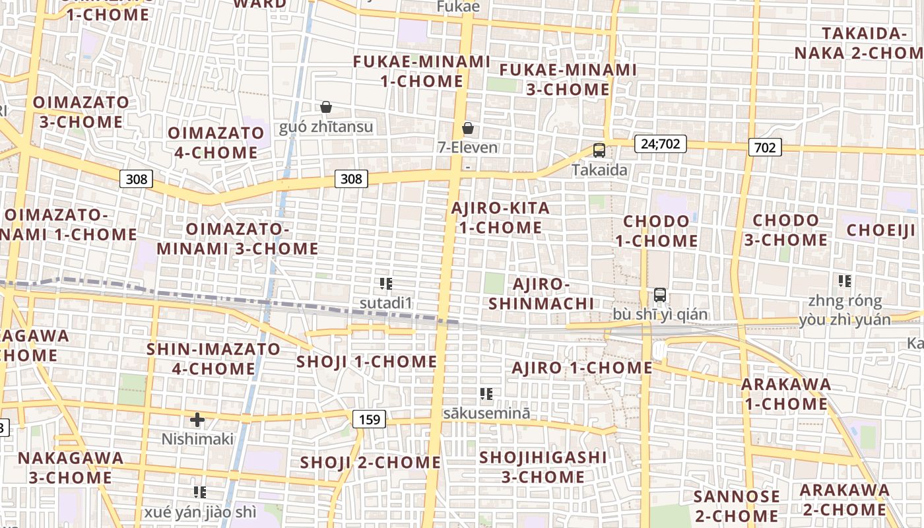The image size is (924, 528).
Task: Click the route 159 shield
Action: [369, 419]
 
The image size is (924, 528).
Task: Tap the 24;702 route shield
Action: [660, 143]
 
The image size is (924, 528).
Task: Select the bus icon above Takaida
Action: [599, 150]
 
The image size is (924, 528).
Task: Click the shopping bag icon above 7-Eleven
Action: [468, 128]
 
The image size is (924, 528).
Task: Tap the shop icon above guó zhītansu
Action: [325, 107]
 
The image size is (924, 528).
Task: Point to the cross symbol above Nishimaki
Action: [197, 419]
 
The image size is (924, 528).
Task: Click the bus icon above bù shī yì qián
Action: [660, 295]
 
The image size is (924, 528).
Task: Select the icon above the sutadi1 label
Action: [386, 284]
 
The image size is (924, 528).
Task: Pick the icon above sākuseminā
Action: [486, 394]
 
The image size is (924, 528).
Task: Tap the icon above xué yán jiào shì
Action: [200, 492]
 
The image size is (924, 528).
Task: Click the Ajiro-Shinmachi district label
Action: [552, 294]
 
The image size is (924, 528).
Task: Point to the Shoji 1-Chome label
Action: [366, 362]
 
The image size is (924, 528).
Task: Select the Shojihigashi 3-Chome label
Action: [543, 467]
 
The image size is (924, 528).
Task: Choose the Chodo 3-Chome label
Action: [785, 230]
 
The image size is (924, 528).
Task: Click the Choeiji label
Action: [881, 230]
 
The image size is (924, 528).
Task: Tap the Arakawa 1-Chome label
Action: [785, 394]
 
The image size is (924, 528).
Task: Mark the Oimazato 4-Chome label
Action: [216, 143]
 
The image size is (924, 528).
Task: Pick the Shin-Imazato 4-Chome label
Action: [213, 358]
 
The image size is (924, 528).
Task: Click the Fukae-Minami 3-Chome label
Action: [568, 79]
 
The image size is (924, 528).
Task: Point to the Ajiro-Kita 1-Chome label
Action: [500, 218]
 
